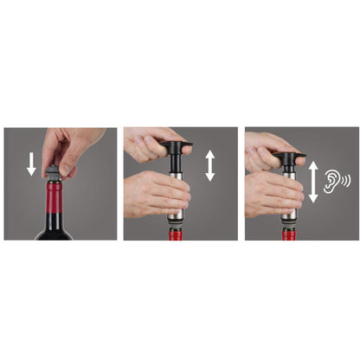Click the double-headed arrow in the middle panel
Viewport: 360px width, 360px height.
[x=210, y=164]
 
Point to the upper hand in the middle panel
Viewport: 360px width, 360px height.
[x=156, y=142]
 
